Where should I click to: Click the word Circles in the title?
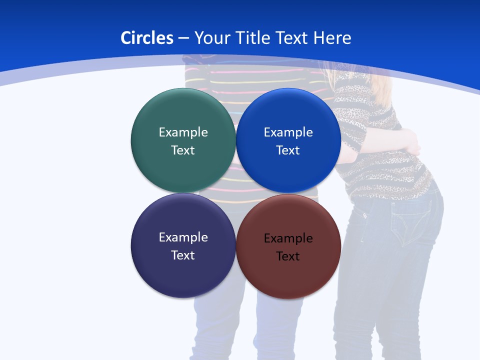[147, 38]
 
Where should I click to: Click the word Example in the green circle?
[183, 132]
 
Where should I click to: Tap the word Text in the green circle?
[183, 150]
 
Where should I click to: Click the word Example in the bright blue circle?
[288, 132]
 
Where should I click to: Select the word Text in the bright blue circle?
[288, 150]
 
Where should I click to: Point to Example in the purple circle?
[183, 237]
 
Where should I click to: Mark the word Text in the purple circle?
[183, 255]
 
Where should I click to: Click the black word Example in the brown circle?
[288, 238]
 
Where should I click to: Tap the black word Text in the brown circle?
[288, 256]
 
